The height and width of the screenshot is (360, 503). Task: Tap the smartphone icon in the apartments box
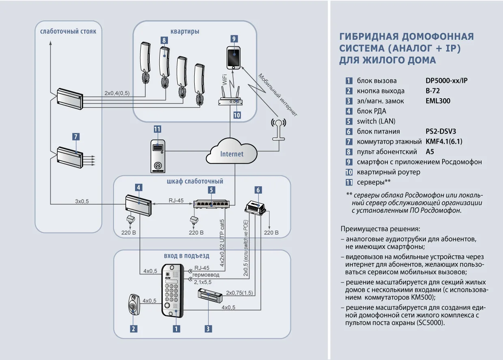tap(233, 58)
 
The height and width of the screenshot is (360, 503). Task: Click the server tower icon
tap(157, 156)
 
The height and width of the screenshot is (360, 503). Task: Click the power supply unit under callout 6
tap(258, 207)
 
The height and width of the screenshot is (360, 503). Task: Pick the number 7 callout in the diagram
tap(76, 137)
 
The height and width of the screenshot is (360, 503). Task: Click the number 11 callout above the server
tap(157, 129)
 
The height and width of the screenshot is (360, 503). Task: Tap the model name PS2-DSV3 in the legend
tap(441, 131)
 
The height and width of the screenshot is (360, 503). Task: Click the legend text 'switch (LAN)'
tap(376, 121)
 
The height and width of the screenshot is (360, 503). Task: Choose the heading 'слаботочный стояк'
tap(68, 31)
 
